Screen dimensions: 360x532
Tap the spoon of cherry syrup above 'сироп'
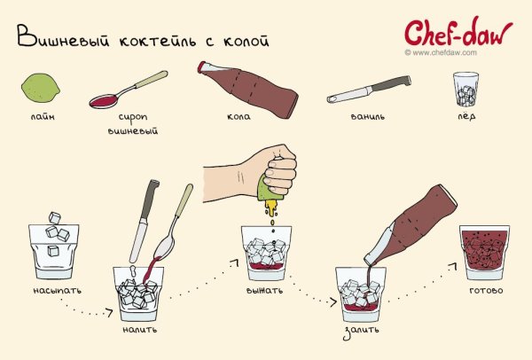coord(129,92)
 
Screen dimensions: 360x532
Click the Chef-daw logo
coord(458,32)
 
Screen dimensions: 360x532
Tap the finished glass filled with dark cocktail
coord(484,250)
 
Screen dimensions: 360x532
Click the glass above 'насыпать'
coord(55,248)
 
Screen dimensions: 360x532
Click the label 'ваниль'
coord(363,118)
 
